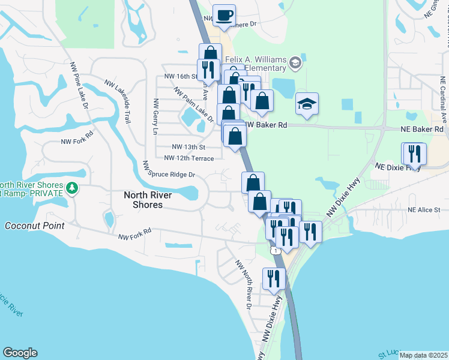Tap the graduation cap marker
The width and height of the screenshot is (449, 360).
307,104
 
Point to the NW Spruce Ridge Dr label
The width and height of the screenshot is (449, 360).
169,170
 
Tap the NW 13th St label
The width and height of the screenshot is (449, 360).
188,147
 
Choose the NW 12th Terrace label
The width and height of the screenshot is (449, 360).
189,158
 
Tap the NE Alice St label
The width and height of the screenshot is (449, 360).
424,210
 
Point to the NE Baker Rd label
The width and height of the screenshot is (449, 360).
422,129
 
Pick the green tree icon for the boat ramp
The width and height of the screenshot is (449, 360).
72,188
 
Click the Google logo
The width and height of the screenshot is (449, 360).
20,353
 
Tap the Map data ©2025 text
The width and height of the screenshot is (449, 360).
423,355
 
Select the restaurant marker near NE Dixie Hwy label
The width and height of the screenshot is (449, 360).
414,154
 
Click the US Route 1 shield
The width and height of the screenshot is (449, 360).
275,250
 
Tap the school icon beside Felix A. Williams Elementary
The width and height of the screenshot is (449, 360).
295,62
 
